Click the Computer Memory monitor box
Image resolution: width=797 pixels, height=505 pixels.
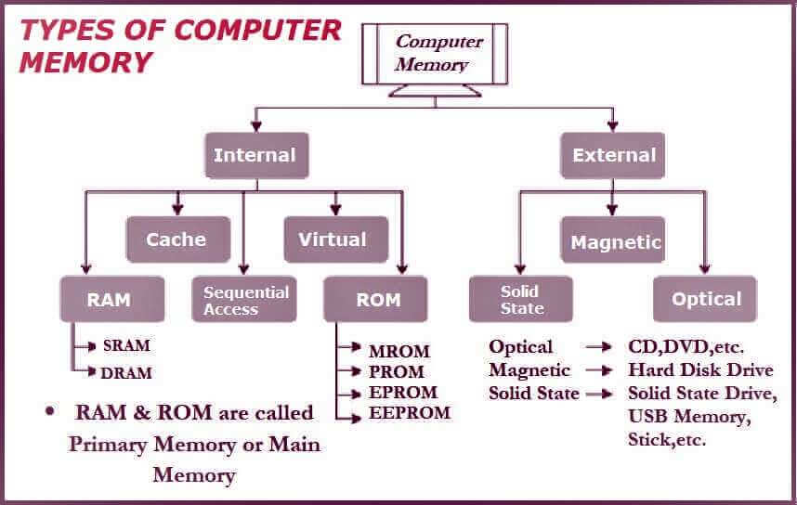coord(435,54)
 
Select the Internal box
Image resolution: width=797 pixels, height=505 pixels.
coord(256,155)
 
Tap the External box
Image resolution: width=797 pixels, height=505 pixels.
coord(612,155)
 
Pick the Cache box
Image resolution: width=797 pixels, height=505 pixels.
coord(178,240)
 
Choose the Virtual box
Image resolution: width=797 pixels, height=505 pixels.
coord(336,240)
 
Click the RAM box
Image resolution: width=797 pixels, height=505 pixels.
coord(112,299)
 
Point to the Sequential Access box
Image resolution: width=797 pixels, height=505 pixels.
coord(244,299)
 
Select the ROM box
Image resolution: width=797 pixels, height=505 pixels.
coord(375,299)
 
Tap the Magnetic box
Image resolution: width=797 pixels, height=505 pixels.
coord(612,240)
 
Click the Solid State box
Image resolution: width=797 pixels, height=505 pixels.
coord(521,299)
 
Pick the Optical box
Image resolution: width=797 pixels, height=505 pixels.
coord(705,299)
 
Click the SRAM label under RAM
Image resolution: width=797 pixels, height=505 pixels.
coord(126,345)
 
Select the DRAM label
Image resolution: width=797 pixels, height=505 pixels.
coord(126,373)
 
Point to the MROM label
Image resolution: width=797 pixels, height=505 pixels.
coord(399,351)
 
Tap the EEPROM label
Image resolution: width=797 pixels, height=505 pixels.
coord(410,412)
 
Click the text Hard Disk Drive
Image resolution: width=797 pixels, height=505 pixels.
coord(700,369)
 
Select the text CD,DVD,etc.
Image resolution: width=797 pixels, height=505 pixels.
coord(686,347)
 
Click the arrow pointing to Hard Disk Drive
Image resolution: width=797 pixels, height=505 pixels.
coord(599,370)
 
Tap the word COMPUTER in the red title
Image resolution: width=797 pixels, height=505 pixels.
coord(257,30)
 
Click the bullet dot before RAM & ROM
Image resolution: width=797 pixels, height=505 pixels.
coord(49,410)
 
